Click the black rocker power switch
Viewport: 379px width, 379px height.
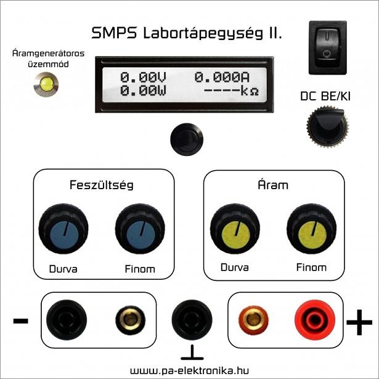(x=327, y=47)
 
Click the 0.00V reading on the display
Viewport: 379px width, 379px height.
(x=143, y=78)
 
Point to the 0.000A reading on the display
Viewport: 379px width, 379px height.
(x=221, y=78)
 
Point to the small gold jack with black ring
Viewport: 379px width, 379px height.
(x=131, y=320)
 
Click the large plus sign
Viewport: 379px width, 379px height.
(x=359, y=321)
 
